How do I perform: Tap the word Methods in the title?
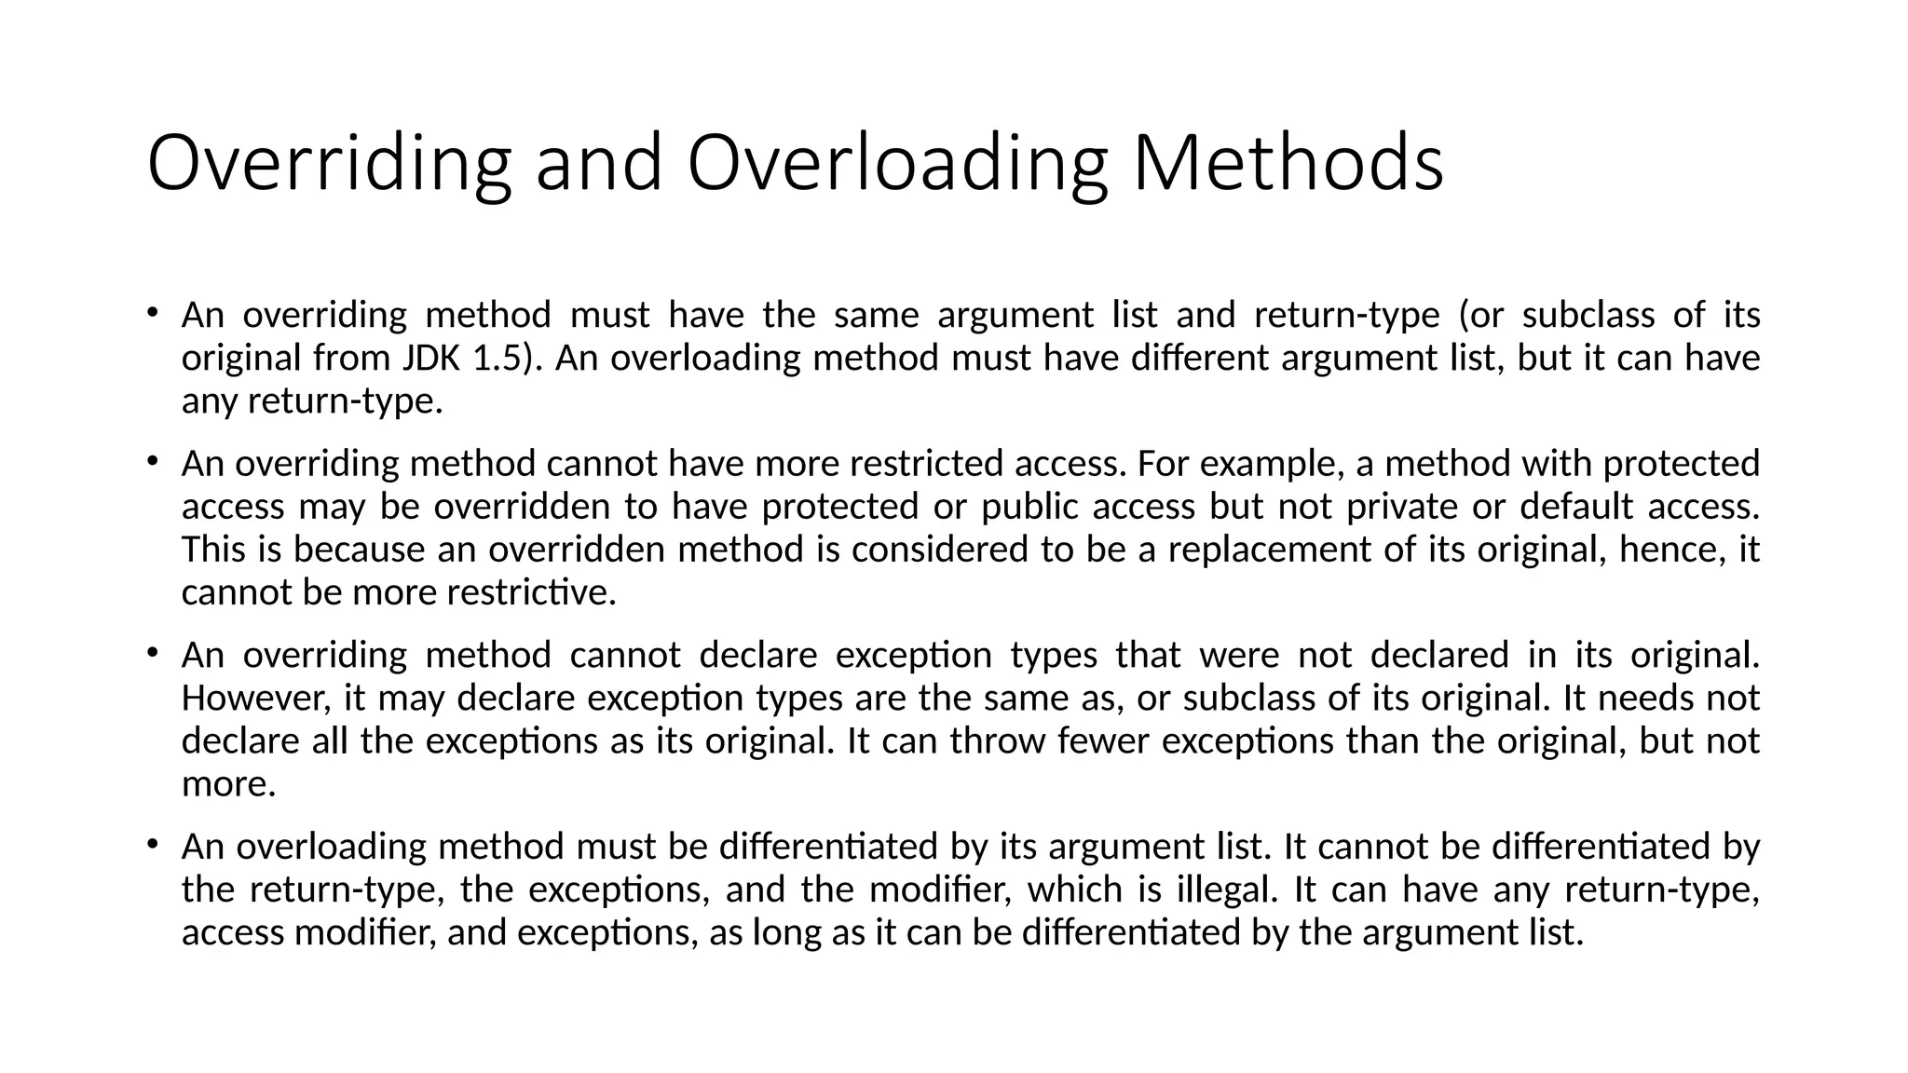click(1288, 164)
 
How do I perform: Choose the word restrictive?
click(531, 592)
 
